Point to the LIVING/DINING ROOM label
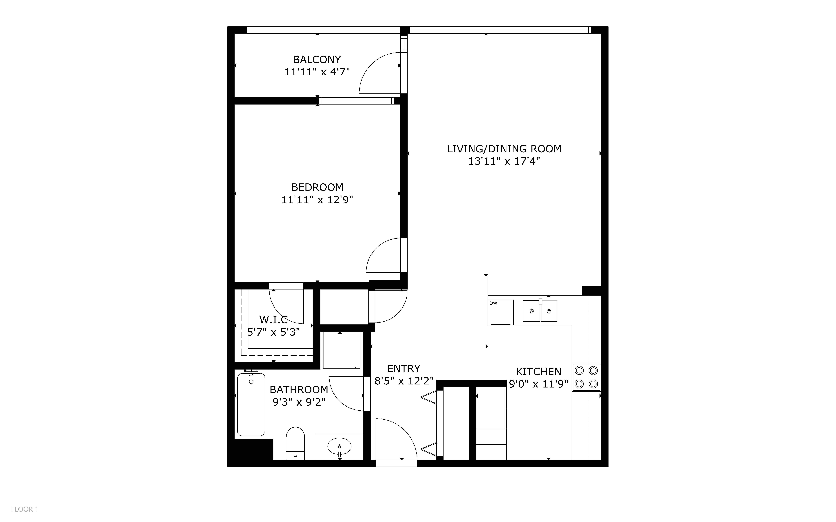504,149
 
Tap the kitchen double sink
540,310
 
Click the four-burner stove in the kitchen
586,377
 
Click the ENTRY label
404,368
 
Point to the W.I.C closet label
274,320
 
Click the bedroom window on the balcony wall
356,101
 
